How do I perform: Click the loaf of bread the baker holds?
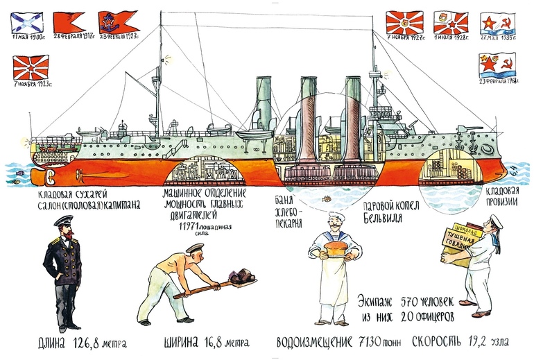coord(334,250)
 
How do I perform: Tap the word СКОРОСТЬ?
coord(440,343)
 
